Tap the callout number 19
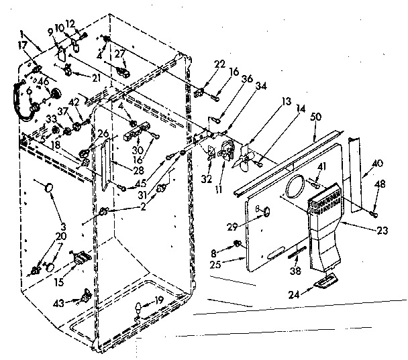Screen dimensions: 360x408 158,301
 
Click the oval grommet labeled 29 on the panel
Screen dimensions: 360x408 267,212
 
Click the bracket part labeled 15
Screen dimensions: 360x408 81,258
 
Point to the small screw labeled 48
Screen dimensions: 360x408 374,213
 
